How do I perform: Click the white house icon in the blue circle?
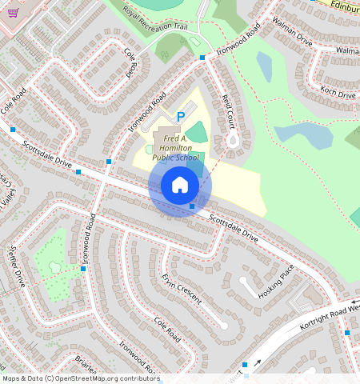[x=180, y=186]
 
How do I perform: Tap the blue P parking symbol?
[x=181, y=117]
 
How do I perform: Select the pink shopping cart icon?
[x=12, y=12]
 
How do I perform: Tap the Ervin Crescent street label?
[x=181, y=290]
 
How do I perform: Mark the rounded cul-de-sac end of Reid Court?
[x=233, y=143]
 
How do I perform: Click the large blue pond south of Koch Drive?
[x=303, y=135]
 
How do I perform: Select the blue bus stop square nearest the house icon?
[x=192, y=206]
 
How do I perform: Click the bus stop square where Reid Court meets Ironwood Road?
[x=203, y=58]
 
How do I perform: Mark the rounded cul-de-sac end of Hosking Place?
[x=245, y=282]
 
